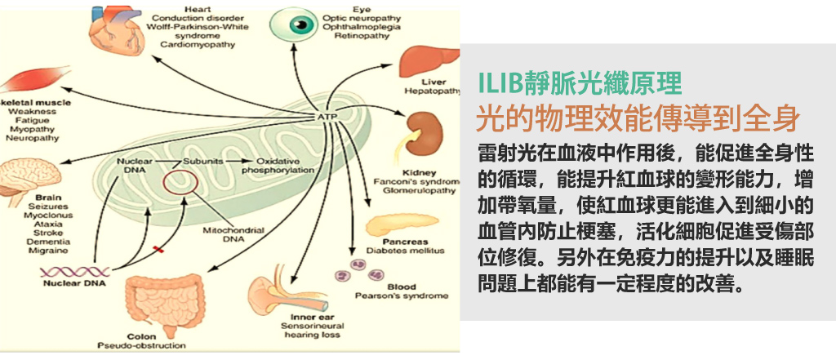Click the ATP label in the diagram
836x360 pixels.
click(x=327, y=117)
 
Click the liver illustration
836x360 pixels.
click(x=426, y=64)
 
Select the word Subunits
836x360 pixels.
click(x=202, y=161)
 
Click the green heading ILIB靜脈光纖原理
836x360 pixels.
click(x=579, y=82)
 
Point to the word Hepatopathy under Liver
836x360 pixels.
click(x=433, y=92)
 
